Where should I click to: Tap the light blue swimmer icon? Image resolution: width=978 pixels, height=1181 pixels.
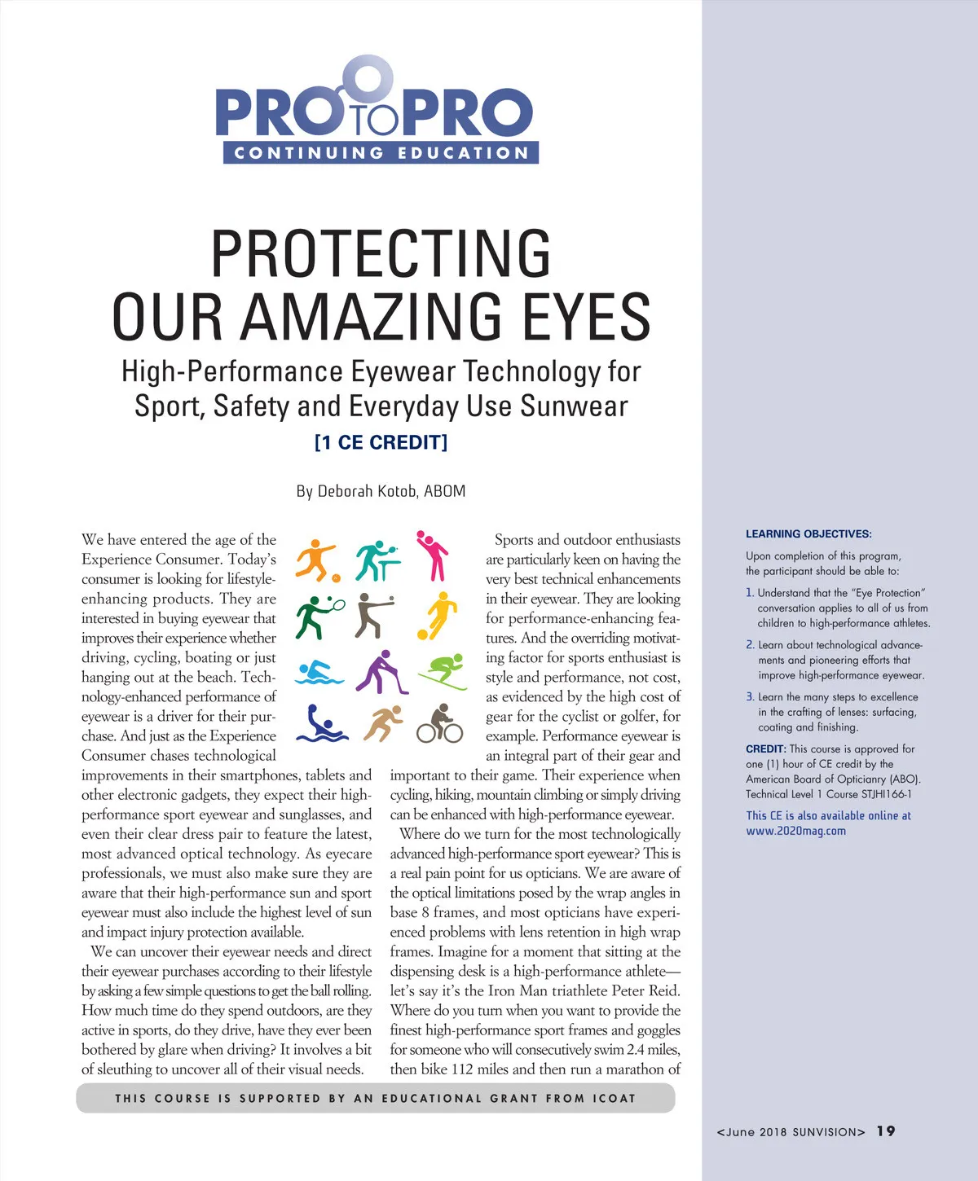point(320,673)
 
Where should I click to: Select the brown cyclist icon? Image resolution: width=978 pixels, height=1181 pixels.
point(440,723)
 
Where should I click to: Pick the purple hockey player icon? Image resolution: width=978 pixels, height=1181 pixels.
point(381,672)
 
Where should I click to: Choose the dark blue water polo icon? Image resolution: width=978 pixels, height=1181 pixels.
point(320,724)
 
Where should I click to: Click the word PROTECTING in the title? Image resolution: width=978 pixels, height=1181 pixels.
point(381,254)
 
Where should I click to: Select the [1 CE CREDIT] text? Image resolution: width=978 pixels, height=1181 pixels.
point(381,442)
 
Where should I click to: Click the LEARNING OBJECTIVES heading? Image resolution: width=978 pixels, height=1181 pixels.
point(808,534)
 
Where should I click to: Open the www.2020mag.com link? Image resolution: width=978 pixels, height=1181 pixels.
point(795,831)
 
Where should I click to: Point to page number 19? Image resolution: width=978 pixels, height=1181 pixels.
point(886,1131)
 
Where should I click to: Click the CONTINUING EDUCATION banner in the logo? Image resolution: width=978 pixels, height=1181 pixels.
point(381,152)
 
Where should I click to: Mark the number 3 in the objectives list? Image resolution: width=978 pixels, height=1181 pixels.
point(750,696)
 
